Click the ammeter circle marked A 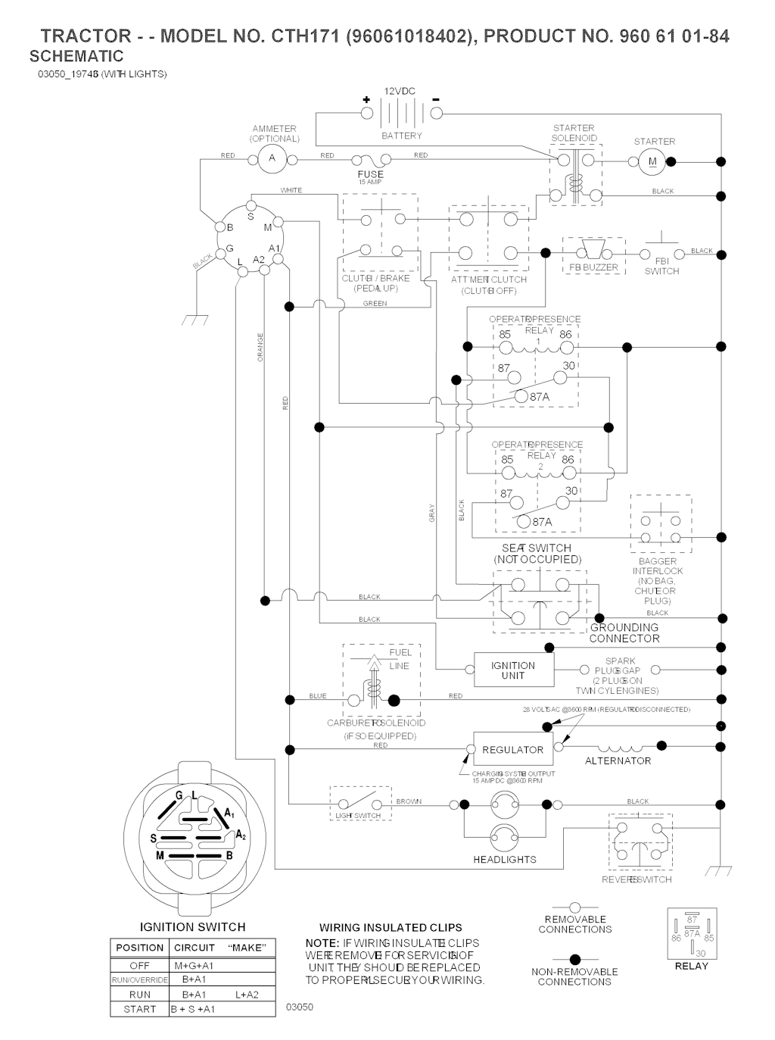pyautogui.click(x=272, y=158)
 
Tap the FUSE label pyautogui.click(x=370, y=174)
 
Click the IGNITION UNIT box pyautogui.click(x=513, y=670)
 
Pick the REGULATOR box pyautogui.click(x=512, y=749)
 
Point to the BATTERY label pyautogui.click(x=402, y=136)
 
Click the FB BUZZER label pyautogui.click(x=593, y=267)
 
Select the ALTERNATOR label pyautogui.click(x=618, y=760)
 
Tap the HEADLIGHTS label pyautogui.click(x=505, y=859)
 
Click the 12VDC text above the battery pyautogui.click(x=400, y=91)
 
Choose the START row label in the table pyautogui.click(x=139, y=1009)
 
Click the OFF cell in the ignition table pyautogui.click(x=139, y=966)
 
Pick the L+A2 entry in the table pyautogui.click(x=247, y=995)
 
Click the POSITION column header pyautogui.click(x=139, y=948)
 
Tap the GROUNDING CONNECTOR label pyautogui.click(x=624, y=632)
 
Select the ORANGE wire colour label pyautogui.click(x=260, y=347)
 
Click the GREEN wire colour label pyautogui.click(x=375, y=304)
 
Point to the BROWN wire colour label pyautogui.click(x=409, y=801)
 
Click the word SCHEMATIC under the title pyautogui.click(x=76, y=56)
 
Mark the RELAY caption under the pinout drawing pyautogui.click(x=691, y=966)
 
